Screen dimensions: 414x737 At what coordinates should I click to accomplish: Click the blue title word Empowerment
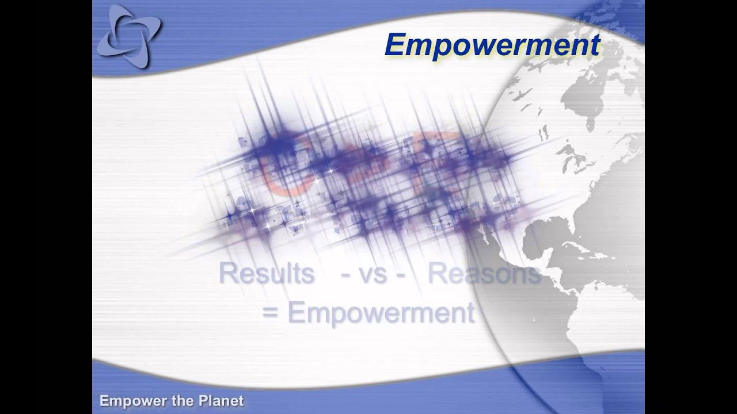[x=492, y=45]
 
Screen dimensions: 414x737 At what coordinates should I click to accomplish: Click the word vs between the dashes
[x=374, y=274]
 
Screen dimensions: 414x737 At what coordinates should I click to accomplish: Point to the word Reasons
[x=484, y=274]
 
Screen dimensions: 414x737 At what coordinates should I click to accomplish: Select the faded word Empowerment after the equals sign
[x=381, y=313]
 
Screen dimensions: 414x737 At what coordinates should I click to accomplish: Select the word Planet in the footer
[x=221, y=401]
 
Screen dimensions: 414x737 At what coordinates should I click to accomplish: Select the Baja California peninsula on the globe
[x=489, y=230]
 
